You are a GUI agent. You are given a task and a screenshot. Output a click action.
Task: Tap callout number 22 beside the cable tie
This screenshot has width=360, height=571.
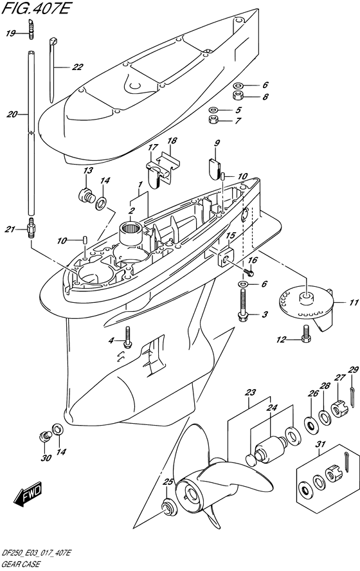pyautogui.click(x=77, y=67)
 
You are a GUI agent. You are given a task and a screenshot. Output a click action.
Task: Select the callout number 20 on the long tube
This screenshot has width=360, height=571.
pyautogui.click(x=12, y=114)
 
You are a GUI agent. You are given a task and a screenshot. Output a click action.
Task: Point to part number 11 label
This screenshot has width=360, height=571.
pyautogui.click(x=354, y=303)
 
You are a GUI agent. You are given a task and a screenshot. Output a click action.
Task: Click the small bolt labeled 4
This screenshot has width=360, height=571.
pyautogui.click(x=127, y=337)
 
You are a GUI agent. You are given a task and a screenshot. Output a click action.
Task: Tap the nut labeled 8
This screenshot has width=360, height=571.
pyautogui.click(x=239, y=96)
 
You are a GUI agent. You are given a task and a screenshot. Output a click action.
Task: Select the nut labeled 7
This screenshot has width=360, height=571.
pyautogui.click(x=213, y=119)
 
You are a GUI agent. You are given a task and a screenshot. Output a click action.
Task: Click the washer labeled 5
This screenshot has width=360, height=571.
pyautogui.click(x=213, y=109)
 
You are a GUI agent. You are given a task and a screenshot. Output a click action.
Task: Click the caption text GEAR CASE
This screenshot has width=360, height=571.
pyautogui.click(x=21, y=565)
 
